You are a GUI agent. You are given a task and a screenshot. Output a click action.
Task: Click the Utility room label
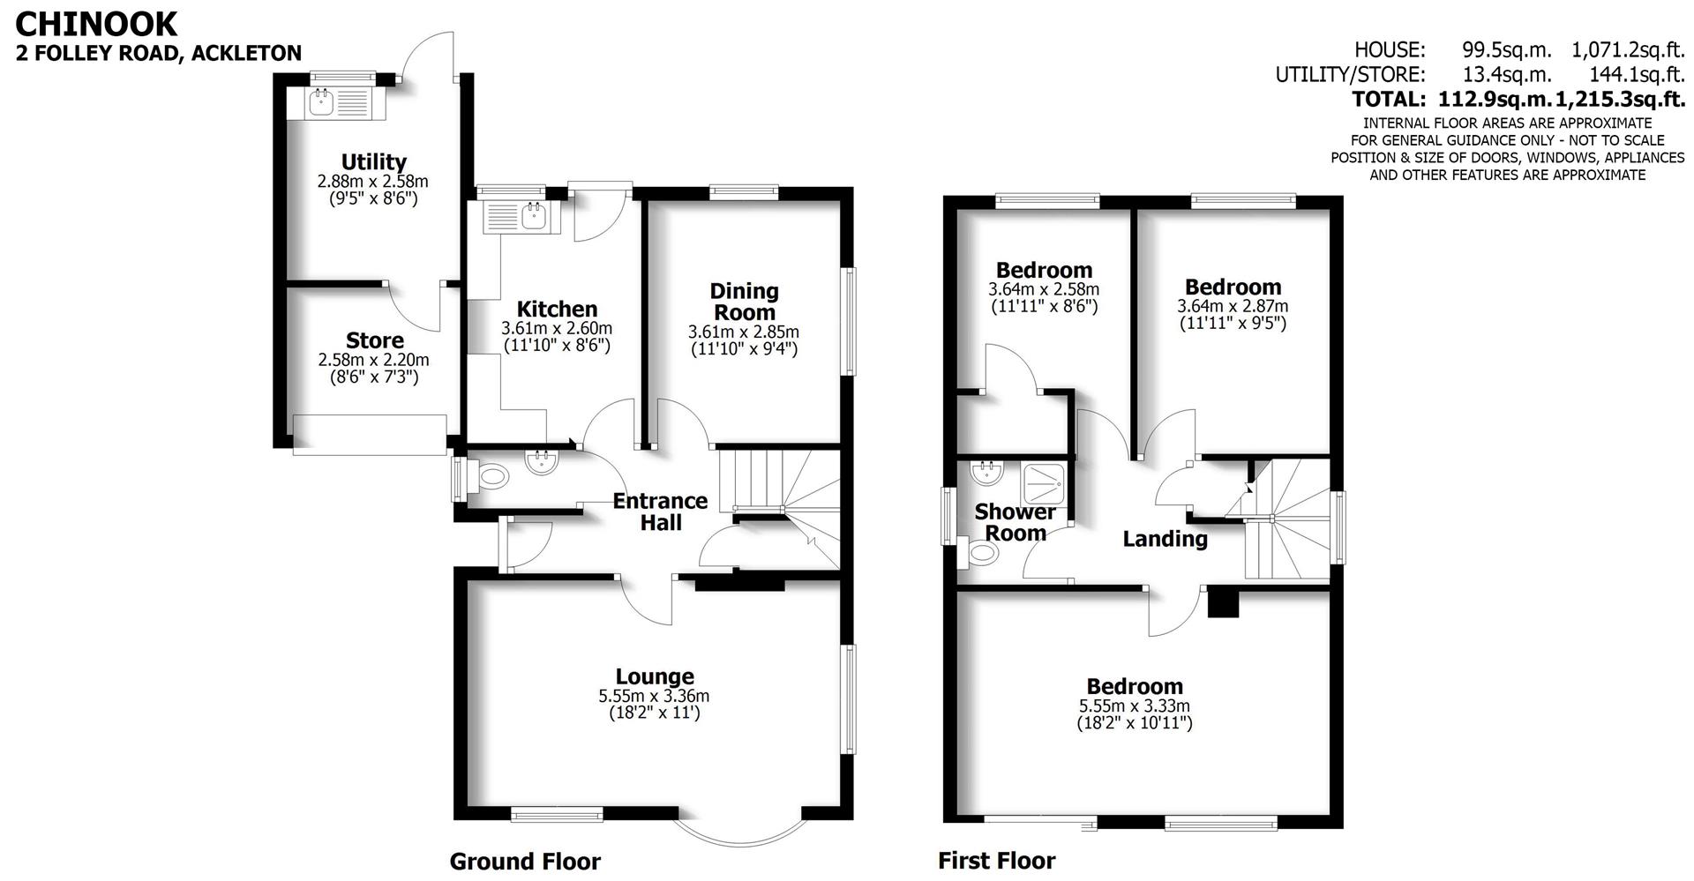pyautogui.click(x=373, y=161)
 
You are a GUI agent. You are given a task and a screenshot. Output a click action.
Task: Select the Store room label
pyautogui.click(x=374, y=340)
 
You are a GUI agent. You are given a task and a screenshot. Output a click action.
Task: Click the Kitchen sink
pyautogui.click(x=533, y=214)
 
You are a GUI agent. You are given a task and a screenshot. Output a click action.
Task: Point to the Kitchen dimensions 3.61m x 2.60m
pyautogui.click(x=556, y=328)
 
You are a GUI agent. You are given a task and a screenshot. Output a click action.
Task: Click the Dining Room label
pyautogui.click(x=744, y=302)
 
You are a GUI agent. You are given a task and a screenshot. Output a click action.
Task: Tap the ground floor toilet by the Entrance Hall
pyautogui.click(x=491, y=477)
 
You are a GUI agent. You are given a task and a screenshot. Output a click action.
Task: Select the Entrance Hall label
pyautogui.click(x=660, y=511)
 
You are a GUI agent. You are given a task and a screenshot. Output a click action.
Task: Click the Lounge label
pyautogui.click(x=654, y=676)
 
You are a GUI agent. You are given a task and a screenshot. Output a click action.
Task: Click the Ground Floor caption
pyautogui.click(x=525, y=862)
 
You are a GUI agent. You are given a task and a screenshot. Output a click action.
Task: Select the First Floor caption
pyautogui.click(x=996, y=861)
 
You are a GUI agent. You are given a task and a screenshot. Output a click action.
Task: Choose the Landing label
pyautogui.click(x=1165, y=539)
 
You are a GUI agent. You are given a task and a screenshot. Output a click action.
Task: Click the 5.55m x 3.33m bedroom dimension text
pyautogui.click(x=1134, y=706)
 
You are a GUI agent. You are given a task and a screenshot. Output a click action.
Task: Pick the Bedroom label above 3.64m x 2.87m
pyautogui.click(x=1233, y=287)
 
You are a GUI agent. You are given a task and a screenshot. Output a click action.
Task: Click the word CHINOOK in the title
pyautogui.click(x=96, y=24)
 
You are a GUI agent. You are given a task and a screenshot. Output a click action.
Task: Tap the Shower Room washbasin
pyautogui.click(x=987, y=473)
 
